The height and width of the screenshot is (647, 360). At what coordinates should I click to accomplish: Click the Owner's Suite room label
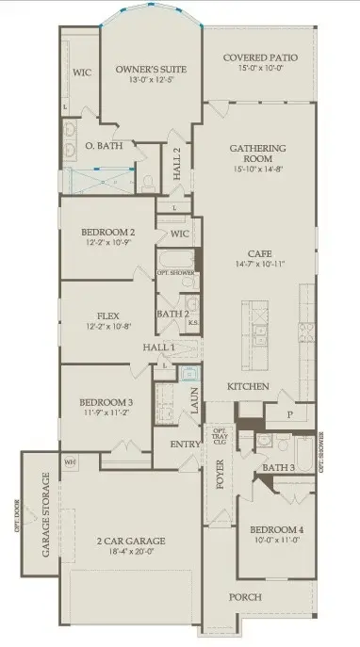(x=150, y=70)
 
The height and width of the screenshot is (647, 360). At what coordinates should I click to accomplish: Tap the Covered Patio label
(x=260, y=58)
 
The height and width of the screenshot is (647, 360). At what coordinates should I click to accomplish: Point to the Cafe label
(x=259, y=253)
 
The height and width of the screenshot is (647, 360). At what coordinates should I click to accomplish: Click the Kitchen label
(x=249, y=387)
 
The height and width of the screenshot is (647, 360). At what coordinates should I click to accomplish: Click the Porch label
(x=247, y=597)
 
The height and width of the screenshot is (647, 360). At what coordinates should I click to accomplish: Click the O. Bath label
(x=100, y=147)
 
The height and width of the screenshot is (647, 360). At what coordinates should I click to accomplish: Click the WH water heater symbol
(x=70, y=462)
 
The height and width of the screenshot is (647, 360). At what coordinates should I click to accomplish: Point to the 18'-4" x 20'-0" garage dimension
(x=130, y=553)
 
